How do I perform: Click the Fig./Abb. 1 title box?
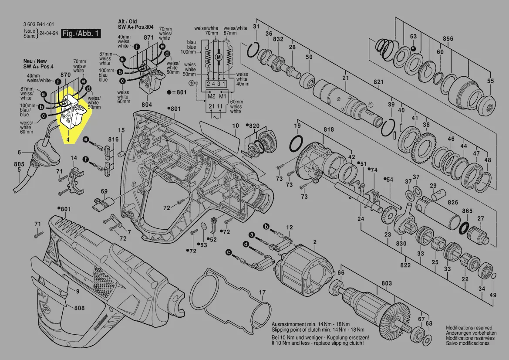[81, 34]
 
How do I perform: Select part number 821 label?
[378, 82]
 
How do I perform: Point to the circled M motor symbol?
[219, 56]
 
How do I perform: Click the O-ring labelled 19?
[297, 143]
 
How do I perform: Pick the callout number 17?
[262, 292]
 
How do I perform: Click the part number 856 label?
[448, 38]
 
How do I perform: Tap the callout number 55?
[490, 82]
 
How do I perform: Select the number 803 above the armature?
[386, 284]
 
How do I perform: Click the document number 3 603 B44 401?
[40, 24]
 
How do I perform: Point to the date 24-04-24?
[49, 34]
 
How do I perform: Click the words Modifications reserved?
[469, 328]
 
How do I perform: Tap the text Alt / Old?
[127, 21]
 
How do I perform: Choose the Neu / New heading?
[35, 61]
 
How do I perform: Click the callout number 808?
[79, 309]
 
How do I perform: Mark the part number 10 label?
[235, 126]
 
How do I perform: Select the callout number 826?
[453, 203]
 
